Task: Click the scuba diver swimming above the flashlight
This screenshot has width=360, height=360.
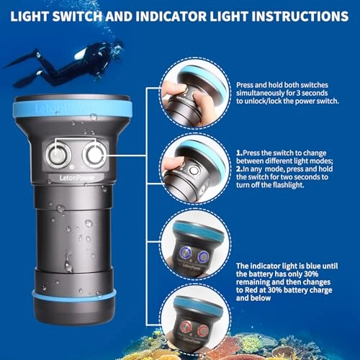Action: click(x=64, y=64)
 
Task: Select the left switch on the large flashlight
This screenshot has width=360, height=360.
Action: click(x=58, y=154)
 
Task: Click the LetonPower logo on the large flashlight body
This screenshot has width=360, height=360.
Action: click(x=77, y=178)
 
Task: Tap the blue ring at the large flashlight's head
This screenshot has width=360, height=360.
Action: click(x=72, y=109)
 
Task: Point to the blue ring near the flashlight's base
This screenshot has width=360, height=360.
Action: click(x=74, y=295)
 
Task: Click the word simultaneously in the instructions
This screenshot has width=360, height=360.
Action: click(x=260, y=93)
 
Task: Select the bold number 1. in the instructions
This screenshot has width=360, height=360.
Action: click(x=239, y=153)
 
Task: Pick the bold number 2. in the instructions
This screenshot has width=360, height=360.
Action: click(x=239, y=169)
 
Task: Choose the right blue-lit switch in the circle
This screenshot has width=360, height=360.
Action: click(x=203, y=256)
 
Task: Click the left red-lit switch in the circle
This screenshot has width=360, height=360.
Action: click(x=186, y=327)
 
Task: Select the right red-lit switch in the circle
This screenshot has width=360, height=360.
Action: click(x=203, y=330)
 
